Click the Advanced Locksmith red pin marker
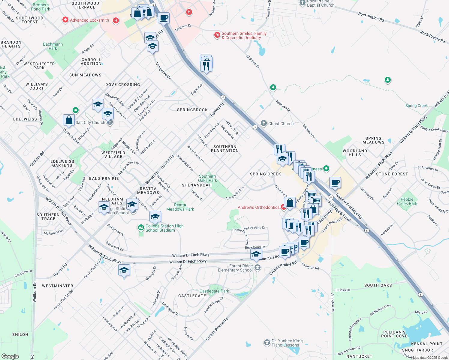[65, 20]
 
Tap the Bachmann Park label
[53, 46]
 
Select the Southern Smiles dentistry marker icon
[217, 35]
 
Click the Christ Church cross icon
[264, 123]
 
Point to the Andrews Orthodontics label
[258, 207]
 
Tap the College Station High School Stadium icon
[141, 228]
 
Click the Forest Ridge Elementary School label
[235, 268]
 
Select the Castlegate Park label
[214, 291]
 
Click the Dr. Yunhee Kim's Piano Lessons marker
[267, 342]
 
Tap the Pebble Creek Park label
[407, 201]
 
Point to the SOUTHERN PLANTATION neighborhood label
[225, 148]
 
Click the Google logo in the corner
[10, 356]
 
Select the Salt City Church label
[90, 122]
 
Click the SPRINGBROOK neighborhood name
[192, 110]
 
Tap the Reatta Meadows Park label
[180, 207]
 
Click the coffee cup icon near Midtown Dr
[164, 18]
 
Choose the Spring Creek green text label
[416, 106]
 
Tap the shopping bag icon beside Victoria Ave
[69, 120]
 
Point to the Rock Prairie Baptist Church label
[320, 3]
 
